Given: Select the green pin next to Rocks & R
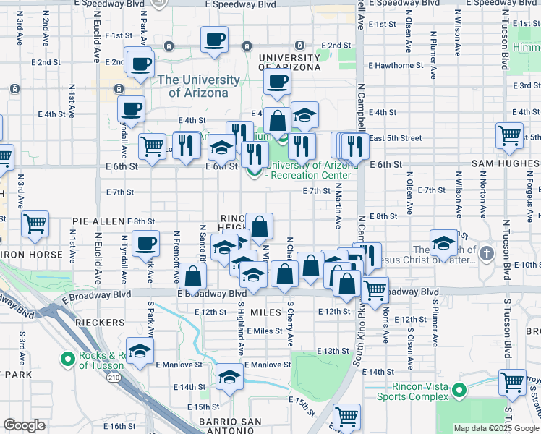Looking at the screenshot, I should [69, 358].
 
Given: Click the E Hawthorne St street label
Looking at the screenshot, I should [395, 65].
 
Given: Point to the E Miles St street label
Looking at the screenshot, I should [268, 331].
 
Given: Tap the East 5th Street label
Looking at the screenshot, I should [395, 138].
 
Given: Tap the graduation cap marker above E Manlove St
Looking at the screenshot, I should [229, 377].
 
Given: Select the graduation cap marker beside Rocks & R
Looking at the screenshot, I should [140, 351].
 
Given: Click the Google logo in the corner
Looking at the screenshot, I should [24, 425].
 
